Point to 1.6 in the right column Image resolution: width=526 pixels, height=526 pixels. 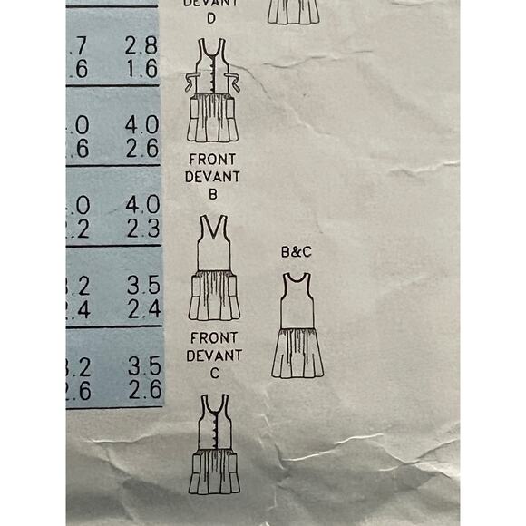pos(141,70)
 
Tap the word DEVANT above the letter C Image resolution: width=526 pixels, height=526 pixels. pos(215,356)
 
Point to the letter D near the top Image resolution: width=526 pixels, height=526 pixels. pos(211,17)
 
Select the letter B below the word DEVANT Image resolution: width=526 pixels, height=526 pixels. pos(211,193)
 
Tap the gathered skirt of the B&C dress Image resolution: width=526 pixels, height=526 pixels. pos(297,354)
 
